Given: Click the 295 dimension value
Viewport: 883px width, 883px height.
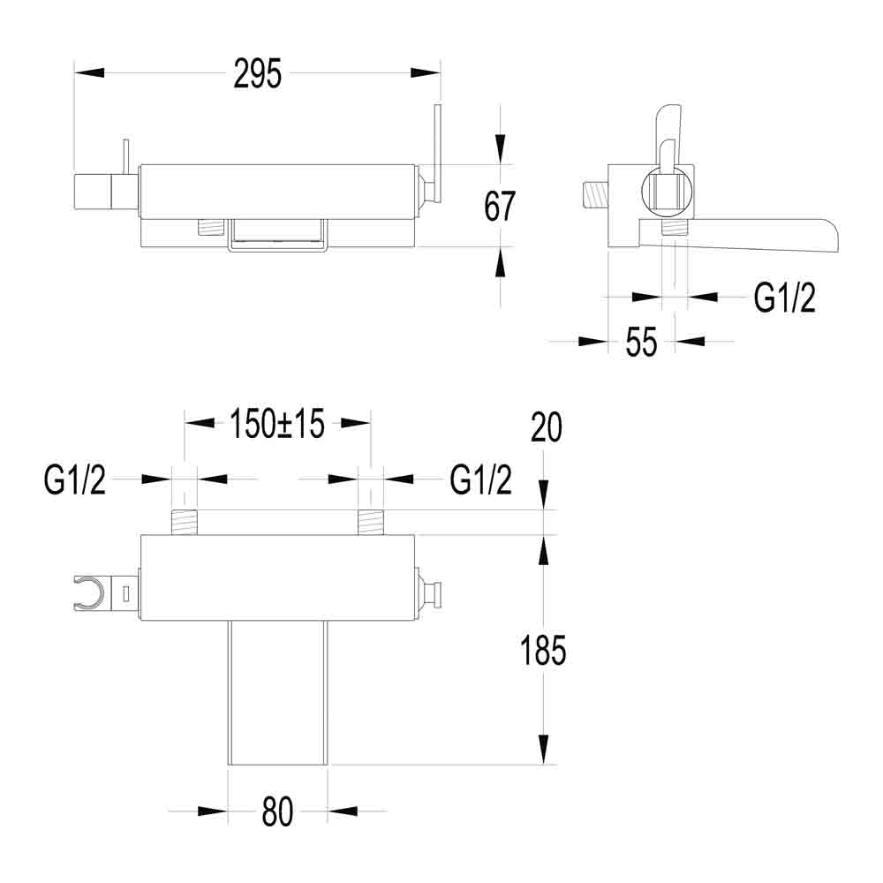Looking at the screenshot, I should click(257, 74).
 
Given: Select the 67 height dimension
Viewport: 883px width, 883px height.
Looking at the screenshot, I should click(500, 207).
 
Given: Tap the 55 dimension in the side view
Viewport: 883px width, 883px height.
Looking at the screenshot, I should click(642, 342).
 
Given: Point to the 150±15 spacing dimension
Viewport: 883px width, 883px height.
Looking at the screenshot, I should click(277, 424).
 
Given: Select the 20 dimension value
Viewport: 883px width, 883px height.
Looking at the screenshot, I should click(547, 428).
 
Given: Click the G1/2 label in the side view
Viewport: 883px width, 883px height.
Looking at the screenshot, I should click(784, 299).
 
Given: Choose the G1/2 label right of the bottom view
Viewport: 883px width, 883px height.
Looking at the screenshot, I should click(480, 481).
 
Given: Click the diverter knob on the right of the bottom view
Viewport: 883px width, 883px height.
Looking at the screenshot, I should click(431, 591).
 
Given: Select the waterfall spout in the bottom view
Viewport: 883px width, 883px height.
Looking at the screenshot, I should click(277, 693).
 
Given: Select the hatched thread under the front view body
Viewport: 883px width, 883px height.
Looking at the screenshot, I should click(209, 227).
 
